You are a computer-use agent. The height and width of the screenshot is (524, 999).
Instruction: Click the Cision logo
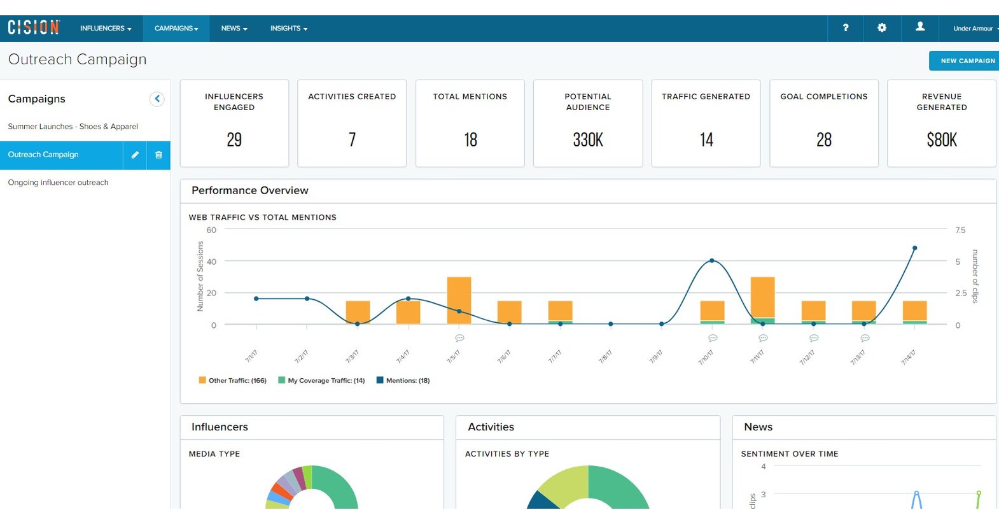click(x=34, y=27)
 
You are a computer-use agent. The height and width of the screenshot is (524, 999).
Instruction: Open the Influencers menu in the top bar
click(x=106, y=29)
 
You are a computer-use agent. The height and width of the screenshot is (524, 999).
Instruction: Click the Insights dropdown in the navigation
click(x=288, y=29)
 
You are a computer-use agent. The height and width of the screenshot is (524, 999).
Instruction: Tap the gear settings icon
click(x=881, y=28)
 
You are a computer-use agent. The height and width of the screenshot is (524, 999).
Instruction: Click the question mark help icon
click(x=845, y=28)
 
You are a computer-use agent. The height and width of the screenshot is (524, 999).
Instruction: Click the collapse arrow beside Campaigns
click(x=157, y=99)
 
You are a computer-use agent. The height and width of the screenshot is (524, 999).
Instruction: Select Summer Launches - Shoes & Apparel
click(x=73, y=127)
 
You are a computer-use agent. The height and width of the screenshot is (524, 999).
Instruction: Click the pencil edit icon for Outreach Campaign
click(x=135, y=155)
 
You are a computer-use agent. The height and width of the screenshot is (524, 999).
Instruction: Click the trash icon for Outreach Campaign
click(x=158, y=155)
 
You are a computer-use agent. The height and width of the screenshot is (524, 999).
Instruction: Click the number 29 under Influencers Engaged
click(x=234, y=140)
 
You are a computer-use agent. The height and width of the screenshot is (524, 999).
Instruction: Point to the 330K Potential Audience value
click(x=587, y=140)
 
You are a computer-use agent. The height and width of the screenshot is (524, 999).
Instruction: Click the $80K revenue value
click(x=941, y=140)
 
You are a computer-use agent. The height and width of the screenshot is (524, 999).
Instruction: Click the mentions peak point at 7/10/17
click(x=711, y=260)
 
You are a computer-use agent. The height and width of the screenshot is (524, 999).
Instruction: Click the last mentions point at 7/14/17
click(x=914, y=248)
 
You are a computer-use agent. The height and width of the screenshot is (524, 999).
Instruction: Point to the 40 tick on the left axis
click(x=211, y=262)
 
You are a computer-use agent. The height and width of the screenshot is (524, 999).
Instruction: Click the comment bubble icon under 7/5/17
click(x=459, y=338)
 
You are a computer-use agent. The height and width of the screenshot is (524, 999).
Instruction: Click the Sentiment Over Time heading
click(x=789, y=454)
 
